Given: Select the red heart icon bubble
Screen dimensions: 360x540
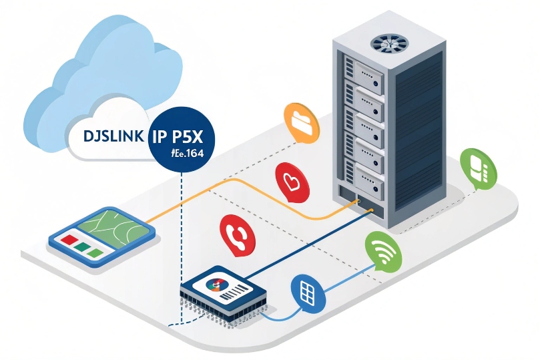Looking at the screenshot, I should [x=290, y=182].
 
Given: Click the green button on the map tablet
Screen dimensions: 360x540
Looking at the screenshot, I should [x=82, y=246].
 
